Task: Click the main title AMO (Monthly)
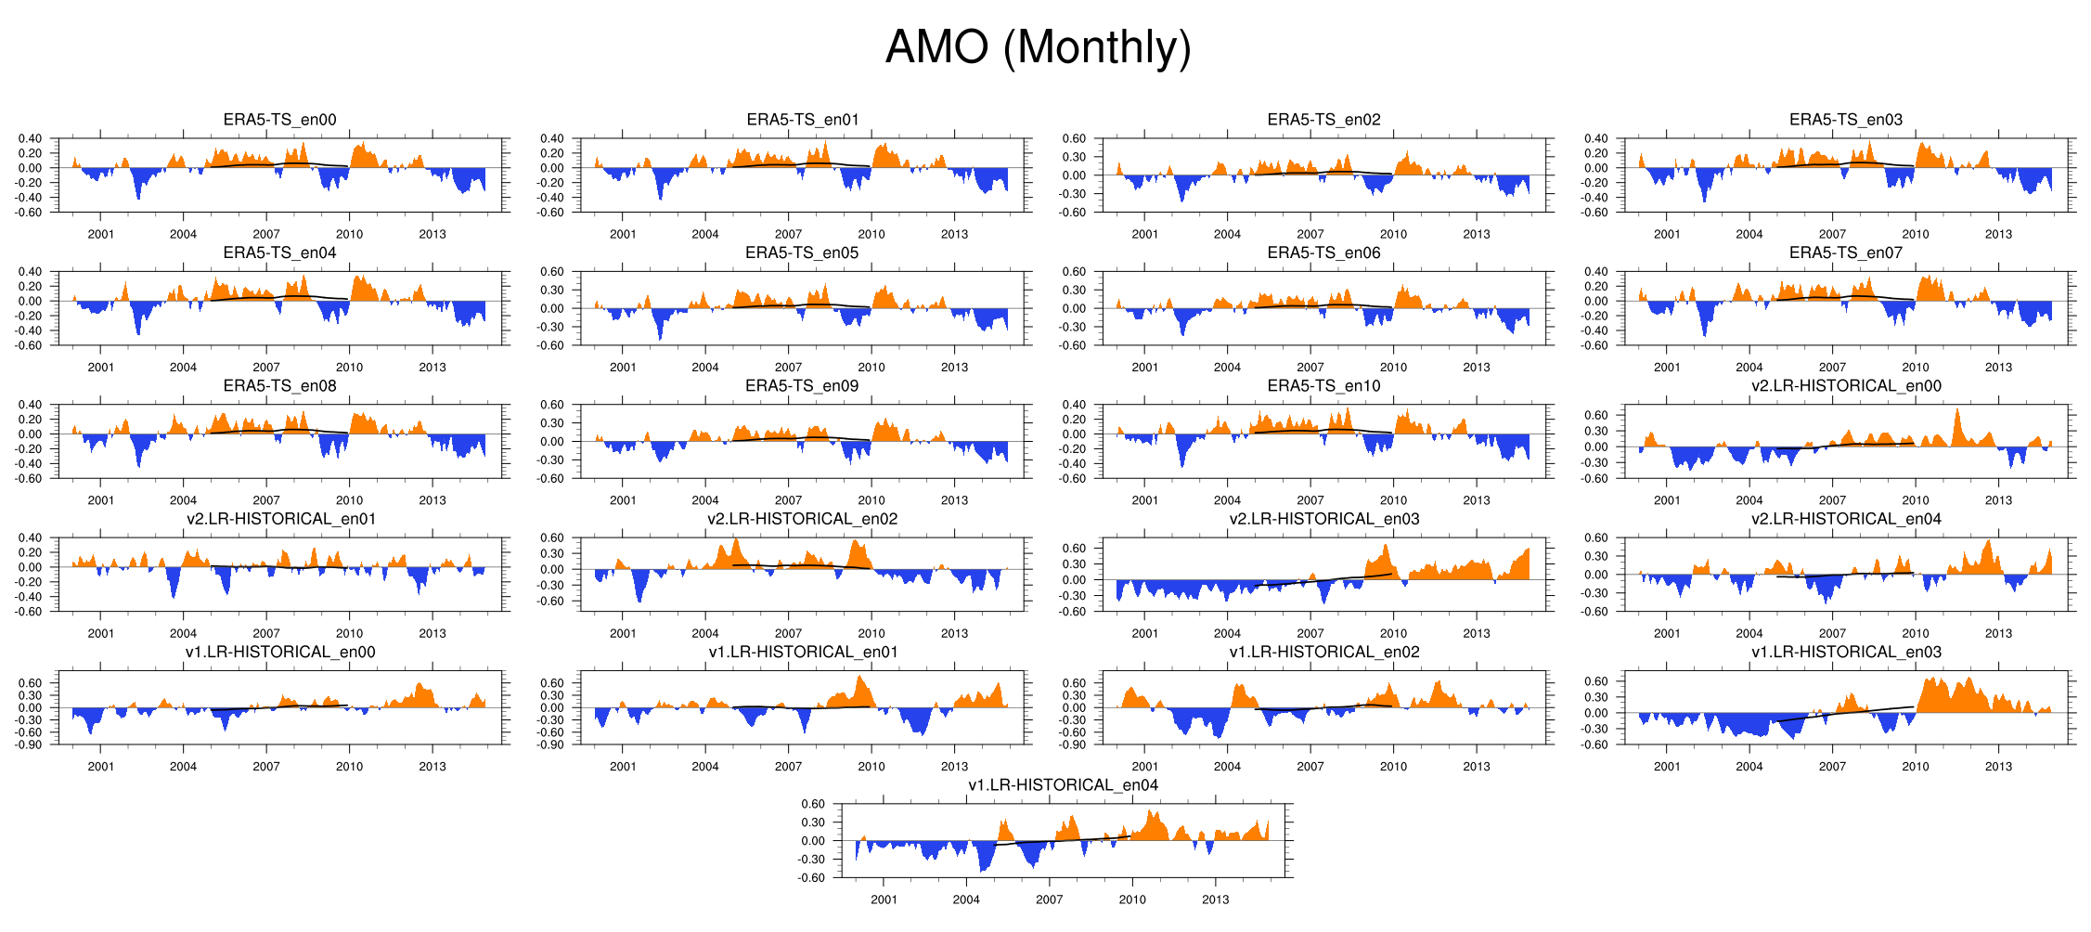[1038, 47]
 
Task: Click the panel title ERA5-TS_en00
[279, 120]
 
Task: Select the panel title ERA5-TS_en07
[1845, 252]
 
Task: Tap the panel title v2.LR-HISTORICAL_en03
[1323, 519]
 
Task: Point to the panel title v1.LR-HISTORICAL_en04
[1063, 785]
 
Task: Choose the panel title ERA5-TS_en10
[1323, 386]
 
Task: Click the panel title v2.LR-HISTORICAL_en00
[1845, 386]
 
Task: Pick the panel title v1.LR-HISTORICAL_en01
[803, 653]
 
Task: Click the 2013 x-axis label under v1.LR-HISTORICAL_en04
[1215, 900]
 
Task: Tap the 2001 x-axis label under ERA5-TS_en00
[100, 234]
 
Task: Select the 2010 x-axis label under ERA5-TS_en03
[1915, 234]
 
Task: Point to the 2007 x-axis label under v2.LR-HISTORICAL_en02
[788, 633]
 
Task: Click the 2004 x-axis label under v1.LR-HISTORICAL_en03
[1749, 767]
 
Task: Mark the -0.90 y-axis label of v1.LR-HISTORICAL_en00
[30, 744]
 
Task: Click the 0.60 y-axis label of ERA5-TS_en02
[1074, 139]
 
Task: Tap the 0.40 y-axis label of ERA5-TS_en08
[30, 405]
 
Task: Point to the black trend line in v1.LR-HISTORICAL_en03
[1847, 713]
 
